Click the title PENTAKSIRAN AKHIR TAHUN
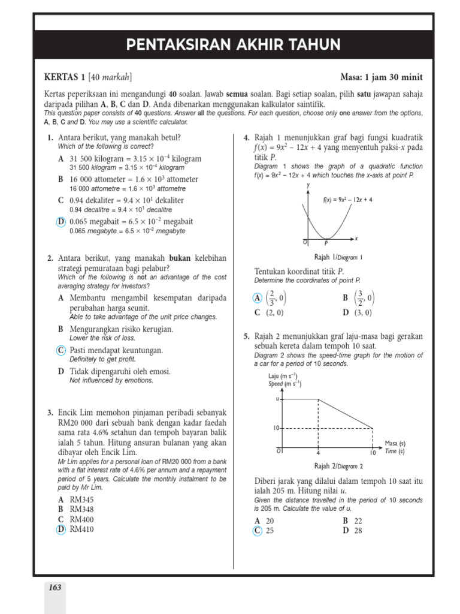pos(234,45)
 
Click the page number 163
pos(55,588)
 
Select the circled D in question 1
pos(60,222)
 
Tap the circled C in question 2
pos(60,350)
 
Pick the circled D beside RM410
pos(60,529)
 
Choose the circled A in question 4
pos(258,298)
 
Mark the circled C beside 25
pos(258,531)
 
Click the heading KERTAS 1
pos(65,77)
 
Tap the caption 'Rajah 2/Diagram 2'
pos(338,466)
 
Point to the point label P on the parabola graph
pos(326,243)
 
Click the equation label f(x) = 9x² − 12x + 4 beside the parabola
pos(347,200)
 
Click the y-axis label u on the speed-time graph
pos(277,399)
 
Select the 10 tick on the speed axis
pos(277,429)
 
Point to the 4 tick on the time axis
pos(318,453)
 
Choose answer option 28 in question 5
pos(358,531)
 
